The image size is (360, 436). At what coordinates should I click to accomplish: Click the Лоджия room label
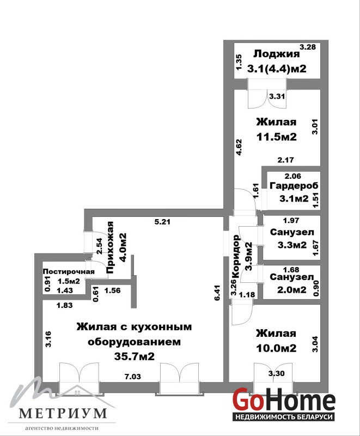(276, 54)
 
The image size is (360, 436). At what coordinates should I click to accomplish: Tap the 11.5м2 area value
(277, 137)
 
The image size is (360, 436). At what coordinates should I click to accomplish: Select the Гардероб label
(294, 185)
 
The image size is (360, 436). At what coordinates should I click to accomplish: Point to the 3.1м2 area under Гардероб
(294, 198)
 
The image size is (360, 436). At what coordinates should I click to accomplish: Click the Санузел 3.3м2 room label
(292, 232)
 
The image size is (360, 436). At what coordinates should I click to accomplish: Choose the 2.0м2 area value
(292, 290)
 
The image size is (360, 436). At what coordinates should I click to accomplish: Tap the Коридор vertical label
(236, 256)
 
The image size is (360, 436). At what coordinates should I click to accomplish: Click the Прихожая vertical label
(110, 247)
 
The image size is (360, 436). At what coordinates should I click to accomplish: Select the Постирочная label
(69, 271)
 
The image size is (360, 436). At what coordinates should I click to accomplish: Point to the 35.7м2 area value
(134, 356)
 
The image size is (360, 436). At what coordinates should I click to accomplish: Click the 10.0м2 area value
(276, 348)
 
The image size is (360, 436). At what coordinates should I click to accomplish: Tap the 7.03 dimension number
(132, 377)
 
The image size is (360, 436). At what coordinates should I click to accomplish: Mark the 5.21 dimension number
(162, 222)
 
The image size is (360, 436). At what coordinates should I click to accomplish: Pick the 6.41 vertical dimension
(217, 292)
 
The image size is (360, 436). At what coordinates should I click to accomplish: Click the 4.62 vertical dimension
(239, 147)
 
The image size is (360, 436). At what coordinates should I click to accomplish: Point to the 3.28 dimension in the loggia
(308, 47)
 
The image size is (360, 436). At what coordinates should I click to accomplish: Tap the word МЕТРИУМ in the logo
(63, 413)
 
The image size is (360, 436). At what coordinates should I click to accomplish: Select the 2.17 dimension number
(285, 160)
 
